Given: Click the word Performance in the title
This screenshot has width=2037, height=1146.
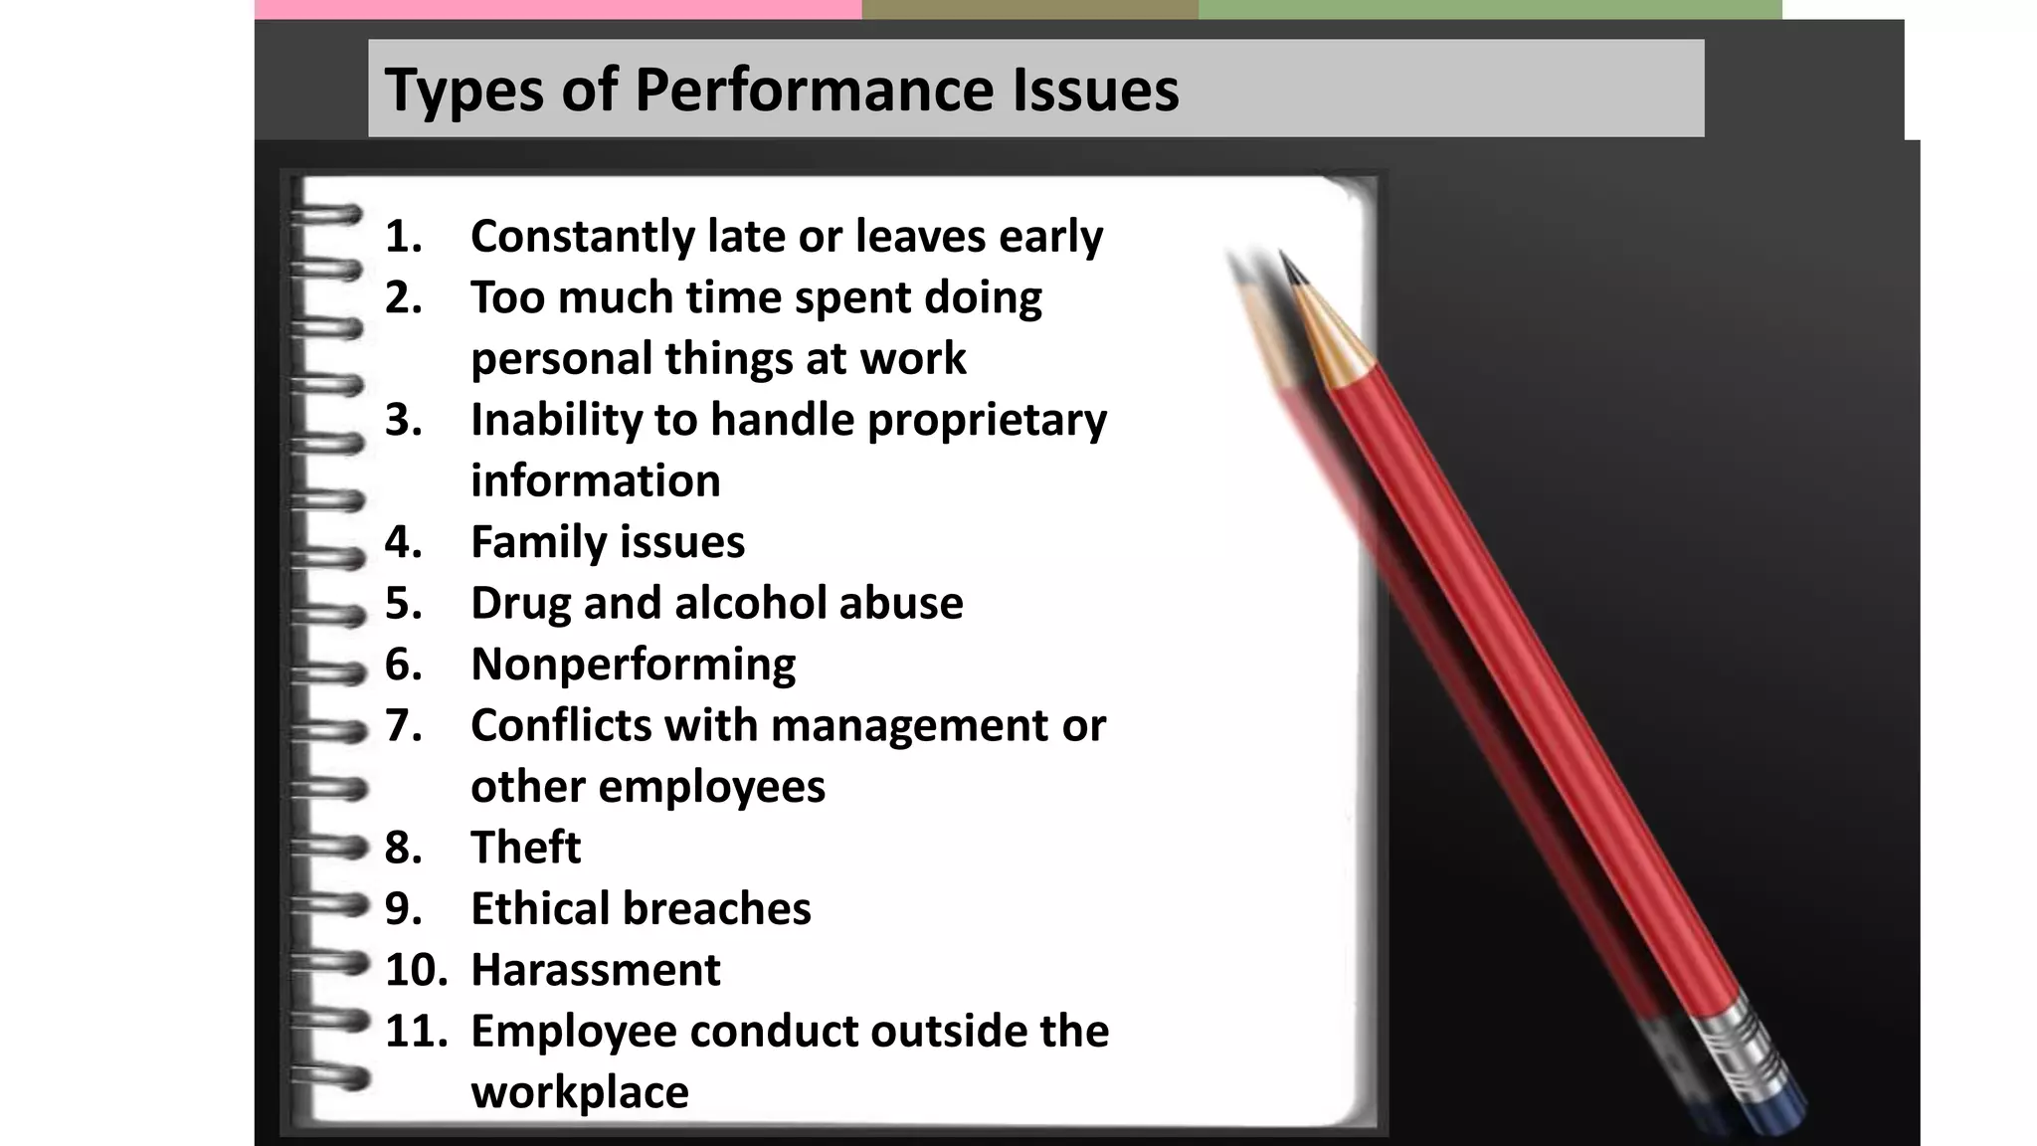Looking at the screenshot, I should pos(814,90).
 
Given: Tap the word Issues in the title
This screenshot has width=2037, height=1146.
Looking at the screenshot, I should pos(1095,90).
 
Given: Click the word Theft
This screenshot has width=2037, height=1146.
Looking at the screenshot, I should pos(525,848).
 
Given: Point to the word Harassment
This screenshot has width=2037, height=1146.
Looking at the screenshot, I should pos(595,970).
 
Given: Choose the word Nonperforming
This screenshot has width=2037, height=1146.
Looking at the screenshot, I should pos(633,665).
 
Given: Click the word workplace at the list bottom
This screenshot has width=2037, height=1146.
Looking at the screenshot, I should pos(579,1092).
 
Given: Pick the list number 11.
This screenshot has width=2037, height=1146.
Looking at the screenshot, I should pos(415,1031).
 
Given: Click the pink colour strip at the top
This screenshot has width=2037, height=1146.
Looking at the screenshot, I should pos(557,9).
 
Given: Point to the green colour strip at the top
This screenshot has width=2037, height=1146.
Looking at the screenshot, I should pos(1489,9).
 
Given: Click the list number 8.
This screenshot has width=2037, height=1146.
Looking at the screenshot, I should pos(403,848).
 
